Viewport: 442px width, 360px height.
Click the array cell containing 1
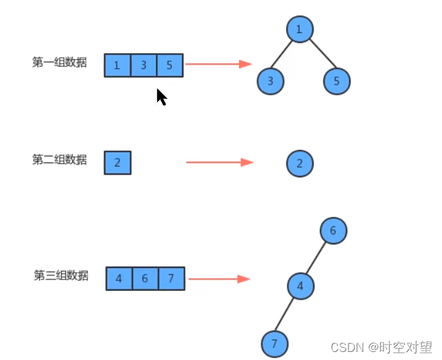[118, 65]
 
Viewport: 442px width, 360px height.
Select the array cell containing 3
[144, 65]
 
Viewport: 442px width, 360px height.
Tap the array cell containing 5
[170, 65]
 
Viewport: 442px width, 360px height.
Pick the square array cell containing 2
[118, 163]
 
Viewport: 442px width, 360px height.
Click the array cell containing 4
[119, 278]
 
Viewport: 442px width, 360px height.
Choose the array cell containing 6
[145, 278]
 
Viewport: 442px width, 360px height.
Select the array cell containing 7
[171, 278]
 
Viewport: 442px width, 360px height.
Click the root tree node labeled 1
[300, 29]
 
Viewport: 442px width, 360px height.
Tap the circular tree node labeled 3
[270, 81]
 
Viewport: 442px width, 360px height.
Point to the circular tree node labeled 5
[337, 81]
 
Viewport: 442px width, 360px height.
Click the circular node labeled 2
[300, 163]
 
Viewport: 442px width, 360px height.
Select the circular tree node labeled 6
[333, 230]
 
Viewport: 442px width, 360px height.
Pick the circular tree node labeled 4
[300, 286]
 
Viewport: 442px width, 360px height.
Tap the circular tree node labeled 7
[274, 344]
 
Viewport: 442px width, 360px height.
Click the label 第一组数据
[59, 62]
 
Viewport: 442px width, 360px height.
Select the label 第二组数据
[59, 160]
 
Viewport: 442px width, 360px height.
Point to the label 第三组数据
[60, 275]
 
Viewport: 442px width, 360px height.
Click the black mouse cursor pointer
[161, 97]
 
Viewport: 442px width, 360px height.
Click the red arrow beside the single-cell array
[219, 162]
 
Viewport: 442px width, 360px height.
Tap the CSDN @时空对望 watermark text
[382, 347]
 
